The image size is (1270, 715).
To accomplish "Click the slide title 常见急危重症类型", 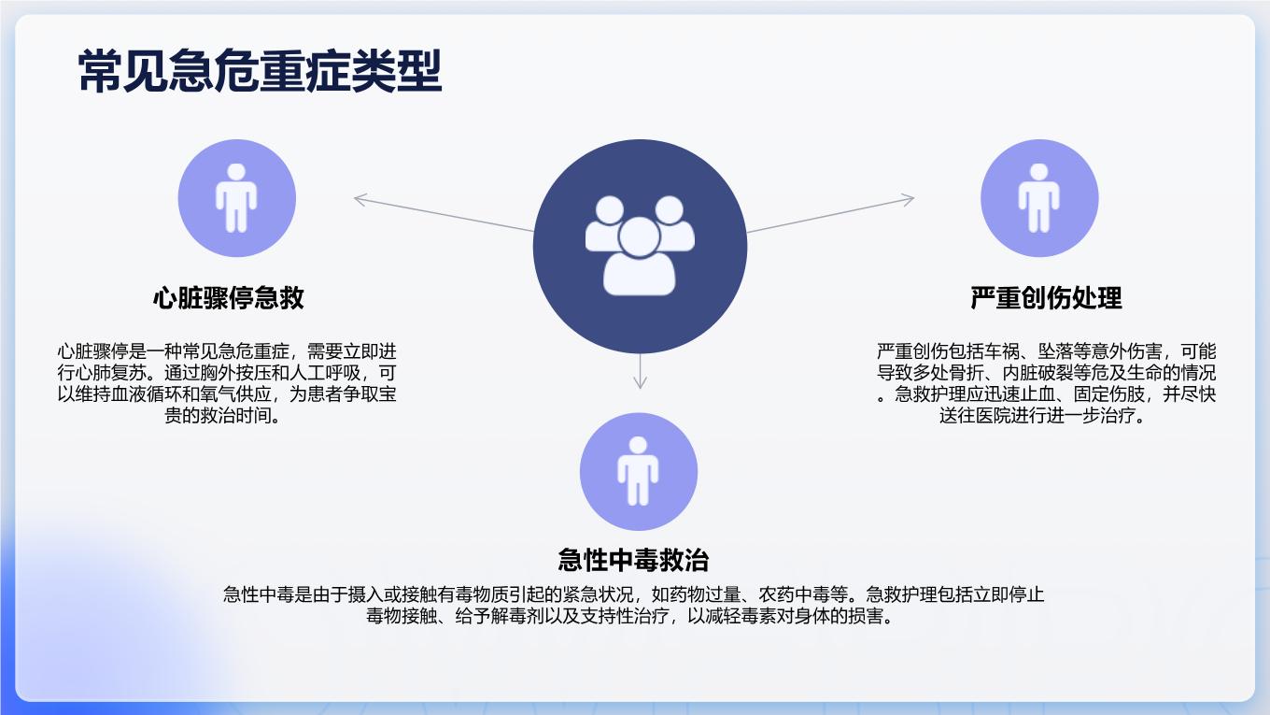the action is (x=260, y=70).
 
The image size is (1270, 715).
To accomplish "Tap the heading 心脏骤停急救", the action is (x=229, y=297).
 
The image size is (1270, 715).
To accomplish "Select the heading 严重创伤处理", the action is (x=1046, y=297).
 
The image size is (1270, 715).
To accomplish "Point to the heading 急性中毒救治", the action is (x=633, y=560).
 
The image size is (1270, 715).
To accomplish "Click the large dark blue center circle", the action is (x=640, y=247).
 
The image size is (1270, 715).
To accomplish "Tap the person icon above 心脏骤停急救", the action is (x=236, y=198).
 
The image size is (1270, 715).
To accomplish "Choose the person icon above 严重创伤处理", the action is (x=1038, y=198).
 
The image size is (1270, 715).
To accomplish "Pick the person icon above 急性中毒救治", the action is (x=638, y=471).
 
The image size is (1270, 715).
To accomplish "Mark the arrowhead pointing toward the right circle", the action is (x=908, y=200).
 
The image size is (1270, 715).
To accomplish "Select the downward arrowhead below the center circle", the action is (x=640, y=382).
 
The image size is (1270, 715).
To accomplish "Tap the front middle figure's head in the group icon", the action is (x=639, y=237).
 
